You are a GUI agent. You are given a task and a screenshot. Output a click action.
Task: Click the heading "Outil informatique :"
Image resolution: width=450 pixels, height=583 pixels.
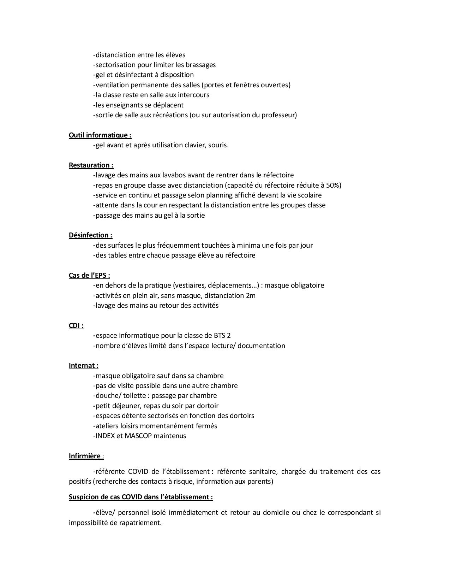[x=100, y=135]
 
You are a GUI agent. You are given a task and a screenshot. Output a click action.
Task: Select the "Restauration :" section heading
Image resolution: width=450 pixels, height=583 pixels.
[x=91, y=165]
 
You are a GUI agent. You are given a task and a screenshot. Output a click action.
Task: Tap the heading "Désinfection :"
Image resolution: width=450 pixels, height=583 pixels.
[x=90, y=235]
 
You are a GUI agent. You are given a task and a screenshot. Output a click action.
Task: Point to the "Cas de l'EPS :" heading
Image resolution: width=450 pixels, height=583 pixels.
[x=89, y=275]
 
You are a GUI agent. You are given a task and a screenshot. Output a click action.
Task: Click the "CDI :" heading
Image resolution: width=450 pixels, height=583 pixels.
[x=76, y=325]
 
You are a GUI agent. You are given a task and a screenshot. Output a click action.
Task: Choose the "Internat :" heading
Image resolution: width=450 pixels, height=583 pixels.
[x=84, y=365]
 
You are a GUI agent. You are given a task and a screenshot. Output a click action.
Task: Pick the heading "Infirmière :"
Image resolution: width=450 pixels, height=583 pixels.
[x=86, y=456]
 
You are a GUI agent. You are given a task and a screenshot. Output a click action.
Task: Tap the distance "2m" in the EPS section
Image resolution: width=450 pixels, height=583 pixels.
[x=250, y=295]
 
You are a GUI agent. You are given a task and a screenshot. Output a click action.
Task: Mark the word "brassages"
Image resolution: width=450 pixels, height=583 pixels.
[x=200, y=65]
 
